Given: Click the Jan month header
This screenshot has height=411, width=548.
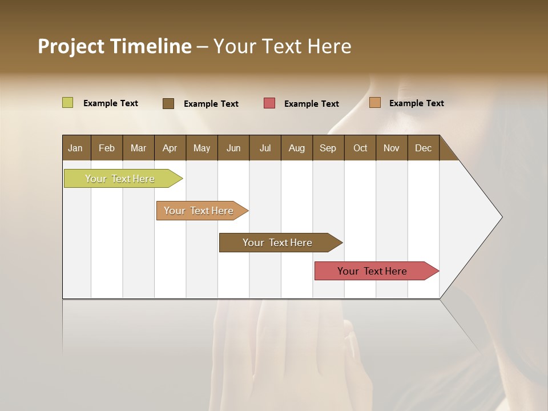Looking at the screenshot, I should (x=76, y=148).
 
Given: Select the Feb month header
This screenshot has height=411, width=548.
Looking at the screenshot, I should (x=107, y=148).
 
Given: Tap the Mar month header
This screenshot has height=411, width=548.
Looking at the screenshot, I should (x=138, y=148).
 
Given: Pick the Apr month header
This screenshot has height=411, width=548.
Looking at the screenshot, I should (x=170, y=148).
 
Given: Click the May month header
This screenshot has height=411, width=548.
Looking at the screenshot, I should (x=202, y=148).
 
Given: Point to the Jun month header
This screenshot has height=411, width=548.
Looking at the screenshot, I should (x=233, y=148).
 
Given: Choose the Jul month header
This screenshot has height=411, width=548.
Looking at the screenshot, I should (x=265, y=148).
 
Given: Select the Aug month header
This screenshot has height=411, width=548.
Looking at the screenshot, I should (x=297, y=148).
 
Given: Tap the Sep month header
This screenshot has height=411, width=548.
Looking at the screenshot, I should (x=328, y=148).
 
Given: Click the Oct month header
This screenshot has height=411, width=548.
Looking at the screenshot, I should (x=360, y=148).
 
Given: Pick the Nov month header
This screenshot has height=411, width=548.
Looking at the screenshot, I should (x=392, y=148).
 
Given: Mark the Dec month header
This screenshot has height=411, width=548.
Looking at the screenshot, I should (x=424, y=148).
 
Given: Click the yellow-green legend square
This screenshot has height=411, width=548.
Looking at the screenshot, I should (x=67, y=103).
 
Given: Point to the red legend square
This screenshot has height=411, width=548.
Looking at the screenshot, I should (x=269, y=103).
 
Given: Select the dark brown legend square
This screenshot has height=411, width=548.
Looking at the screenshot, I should (x=168, y=103).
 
